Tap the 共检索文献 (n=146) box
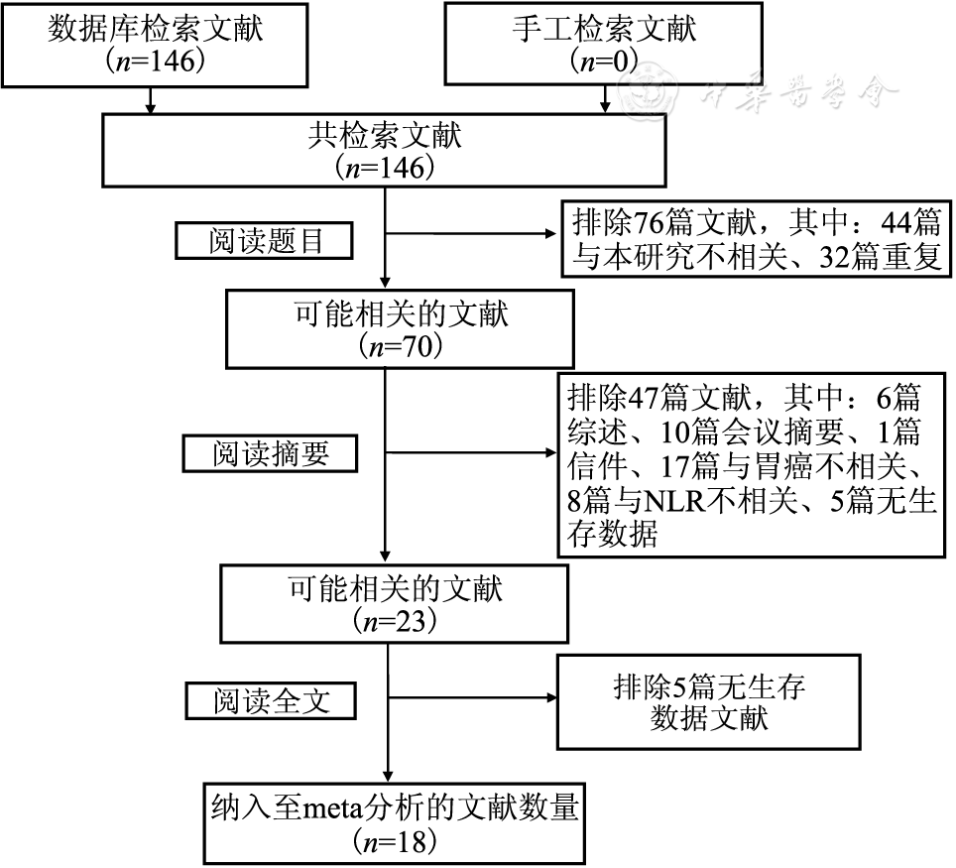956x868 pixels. pyautogui.click(x=385, y=152)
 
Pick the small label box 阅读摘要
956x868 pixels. pyautogui.click(x=271, y=453)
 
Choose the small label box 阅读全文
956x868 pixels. pyautogui.click(x=271, y=700)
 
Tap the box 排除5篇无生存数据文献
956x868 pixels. pyautogui.click(x=708, y=701)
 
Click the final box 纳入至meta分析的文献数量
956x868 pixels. pyautogui.click(x=394, y=822)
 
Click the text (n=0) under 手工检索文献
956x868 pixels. pyautogui.click(x=605, y=61)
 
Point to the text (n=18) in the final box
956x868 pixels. pyautogui.click(x=394, y=842)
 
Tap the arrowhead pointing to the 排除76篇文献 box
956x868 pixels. pyautogui.click(x=552, y=235)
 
